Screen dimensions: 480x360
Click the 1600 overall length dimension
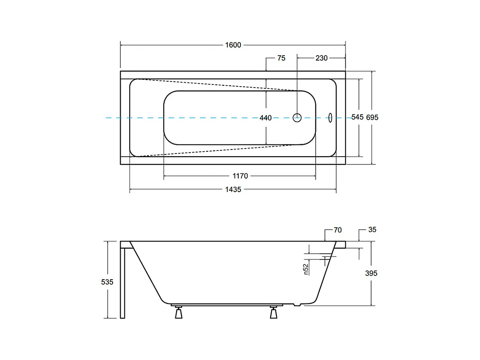pos(233,45)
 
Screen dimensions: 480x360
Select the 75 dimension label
pos(281,58)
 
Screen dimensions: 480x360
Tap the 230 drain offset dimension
pos(322,58)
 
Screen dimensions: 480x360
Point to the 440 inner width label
pos(266,118)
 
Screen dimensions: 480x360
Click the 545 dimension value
pos(357,117)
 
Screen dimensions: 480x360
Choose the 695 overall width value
pos(372,117)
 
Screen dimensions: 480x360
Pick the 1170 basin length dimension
pos(240,176)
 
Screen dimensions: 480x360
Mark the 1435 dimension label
pos(233,190)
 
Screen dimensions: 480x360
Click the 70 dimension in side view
pos(338,230)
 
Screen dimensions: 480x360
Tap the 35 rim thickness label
pos(372,230)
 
